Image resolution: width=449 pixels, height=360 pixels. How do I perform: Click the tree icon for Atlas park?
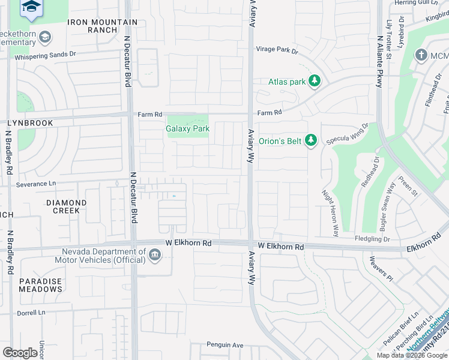pyautogui.click(x=315, y=82)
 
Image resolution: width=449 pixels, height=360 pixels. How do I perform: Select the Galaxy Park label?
pyautogui.click(x=188, y=128)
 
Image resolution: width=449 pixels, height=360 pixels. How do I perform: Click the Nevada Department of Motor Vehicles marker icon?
pyautogui.click(x=155, y=256)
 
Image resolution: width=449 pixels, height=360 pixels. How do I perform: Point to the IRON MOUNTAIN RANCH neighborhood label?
pyautogui.click(x=103, y=26)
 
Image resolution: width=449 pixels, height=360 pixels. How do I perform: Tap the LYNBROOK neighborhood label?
pyautogui.click(x=30, y=122)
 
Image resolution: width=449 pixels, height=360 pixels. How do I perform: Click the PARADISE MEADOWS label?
pyautogui.click(x=40, y=285)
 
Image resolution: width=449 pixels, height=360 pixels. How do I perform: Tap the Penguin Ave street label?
pyautogui.click(x=225, y=345)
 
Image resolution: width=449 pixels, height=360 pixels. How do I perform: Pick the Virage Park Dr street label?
pyautogui.click(x=277, y=50)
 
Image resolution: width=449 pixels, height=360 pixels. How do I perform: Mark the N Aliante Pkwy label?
pyautogui.click(x=379, y=62)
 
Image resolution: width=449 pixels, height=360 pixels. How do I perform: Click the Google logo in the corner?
pyautogui.click(x=20, y=353)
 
